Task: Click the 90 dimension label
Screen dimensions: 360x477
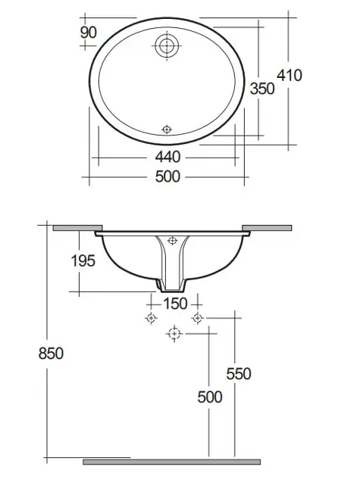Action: point(89,33)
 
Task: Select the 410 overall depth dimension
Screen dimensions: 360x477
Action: point(290,75)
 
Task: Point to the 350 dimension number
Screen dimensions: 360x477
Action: point(262,89)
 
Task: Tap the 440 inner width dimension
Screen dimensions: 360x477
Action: point(167,157)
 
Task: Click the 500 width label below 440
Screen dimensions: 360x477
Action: point(167,176)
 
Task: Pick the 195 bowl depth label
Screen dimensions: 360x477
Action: point(83,260)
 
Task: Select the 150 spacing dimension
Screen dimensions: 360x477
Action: point(175,304)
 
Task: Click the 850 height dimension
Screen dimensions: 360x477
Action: point(51,354)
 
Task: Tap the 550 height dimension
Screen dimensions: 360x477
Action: point(239,373)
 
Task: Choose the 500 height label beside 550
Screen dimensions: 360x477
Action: point(210,397)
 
